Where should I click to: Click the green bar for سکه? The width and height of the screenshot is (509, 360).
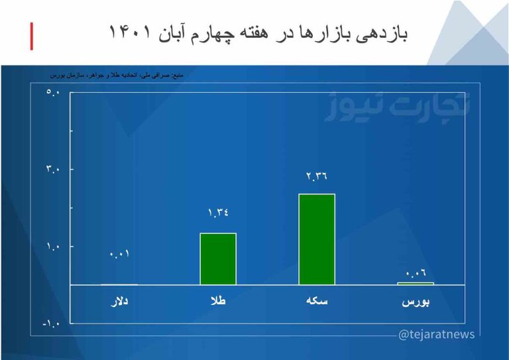[x=317, y=239]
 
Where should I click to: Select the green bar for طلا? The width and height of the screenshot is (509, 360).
[x=218, y=259]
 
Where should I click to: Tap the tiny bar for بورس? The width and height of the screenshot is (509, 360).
[x=416, y=284]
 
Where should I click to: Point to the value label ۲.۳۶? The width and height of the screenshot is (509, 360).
[x=317, y=176]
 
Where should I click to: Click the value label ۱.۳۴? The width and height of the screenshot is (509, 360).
[x=218, y=213]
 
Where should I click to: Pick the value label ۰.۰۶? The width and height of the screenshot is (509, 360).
[x=416, y=272]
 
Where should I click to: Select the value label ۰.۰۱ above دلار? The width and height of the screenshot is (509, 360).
[x=120, y=254]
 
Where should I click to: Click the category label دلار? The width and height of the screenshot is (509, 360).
[x=119, y=302]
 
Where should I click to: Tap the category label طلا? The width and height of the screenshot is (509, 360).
[x=218, y=302]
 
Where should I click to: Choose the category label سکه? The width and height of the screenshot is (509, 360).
[x=317, y=302]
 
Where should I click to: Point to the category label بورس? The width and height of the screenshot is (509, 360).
[x=416, y=302]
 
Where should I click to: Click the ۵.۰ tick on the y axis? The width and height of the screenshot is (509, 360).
[x=53, y=91]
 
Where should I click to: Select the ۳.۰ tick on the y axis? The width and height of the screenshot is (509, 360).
[x=53, y=169]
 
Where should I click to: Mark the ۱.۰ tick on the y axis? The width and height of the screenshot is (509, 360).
[x=53, y=247]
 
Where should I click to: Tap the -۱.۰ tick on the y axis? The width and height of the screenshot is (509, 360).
[x=51, y=324]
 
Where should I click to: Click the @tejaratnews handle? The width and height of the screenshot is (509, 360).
[x=436, y=334]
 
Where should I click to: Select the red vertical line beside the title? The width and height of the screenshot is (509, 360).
[x=31, y=36]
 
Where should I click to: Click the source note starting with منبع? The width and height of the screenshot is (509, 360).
[x=125, y=76]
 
